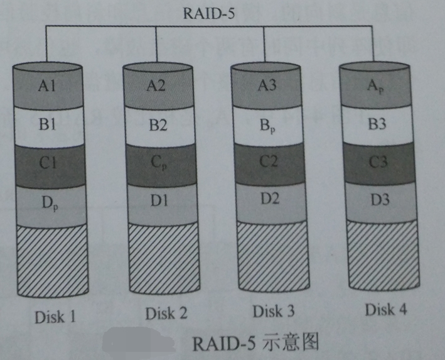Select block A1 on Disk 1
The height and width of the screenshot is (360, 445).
click(x=47, y=87)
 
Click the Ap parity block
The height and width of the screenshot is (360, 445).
click(x=375, y=85)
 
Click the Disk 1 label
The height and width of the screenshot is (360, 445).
click(x=54, y=316)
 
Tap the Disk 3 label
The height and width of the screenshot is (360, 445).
click(x=274, y=310)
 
